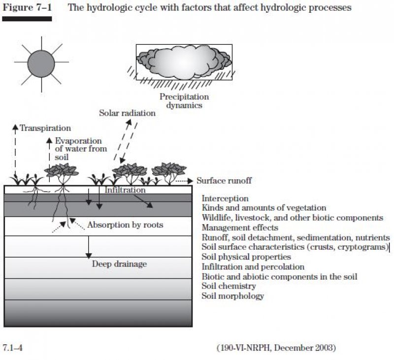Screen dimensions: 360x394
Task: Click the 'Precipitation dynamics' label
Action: (x=184, y=101)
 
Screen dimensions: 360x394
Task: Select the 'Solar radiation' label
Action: (x=127, y=113)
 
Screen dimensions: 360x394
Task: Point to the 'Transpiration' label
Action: (x=45, y=129)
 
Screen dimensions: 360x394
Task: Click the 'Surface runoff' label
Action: (x=224, y=181)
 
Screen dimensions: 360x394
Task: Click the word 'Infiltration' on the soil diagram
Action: (x=125, y=190)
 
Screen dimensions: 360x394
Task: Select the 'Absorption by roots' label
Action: (x=125, y=225)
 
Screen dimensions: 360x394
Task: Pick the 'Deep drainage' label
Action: (x=119, y=264)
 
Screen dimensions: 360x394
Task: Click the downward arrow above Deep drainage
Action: (x=89, y=247)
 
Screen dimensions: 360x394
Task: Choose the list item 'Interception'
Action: (x=225, y=198)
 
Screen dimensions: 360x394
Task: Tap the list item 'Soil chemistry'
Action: (x=229, y=286)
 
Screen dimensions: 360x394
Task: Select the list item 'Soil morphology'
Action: (x=233, y=296)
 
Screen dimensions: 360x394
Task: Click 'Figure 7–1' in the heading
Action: (x=27, y=8)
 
